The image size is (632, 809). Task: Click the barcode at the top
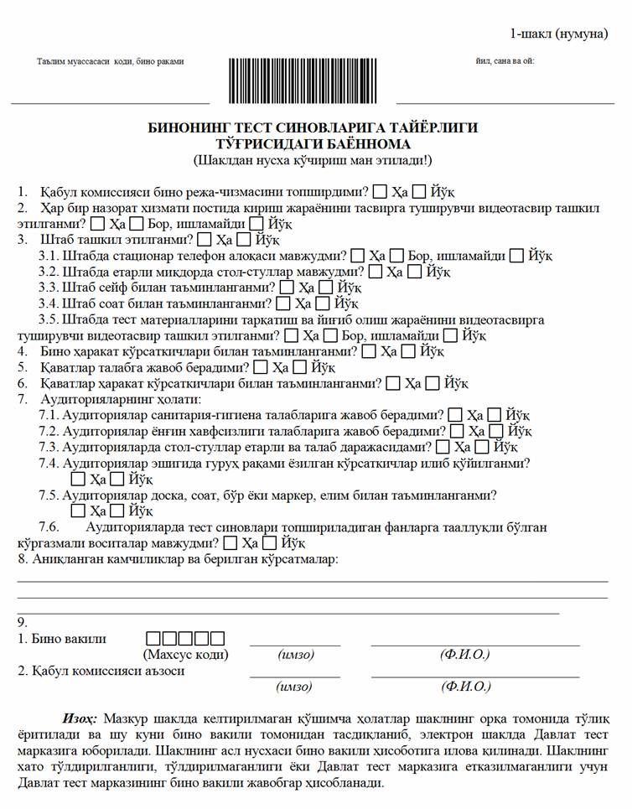[303, 80]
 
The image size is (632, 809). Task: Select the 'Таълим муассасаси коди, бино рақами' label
[110, 61]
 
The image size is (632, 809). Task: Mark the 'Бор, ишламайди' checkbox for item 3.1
[397, 256]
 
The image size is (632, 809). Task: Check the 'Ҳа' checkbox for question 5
[261, 367]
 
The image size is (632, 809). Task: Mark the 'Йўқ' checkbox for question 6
[433, 383]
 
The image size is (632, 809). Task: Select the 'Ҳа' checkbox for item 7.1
[455, 415]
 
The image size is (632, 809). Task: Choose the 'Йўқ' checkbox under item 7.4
[117, 480]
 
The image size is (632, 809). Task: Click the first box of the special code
[153, 638]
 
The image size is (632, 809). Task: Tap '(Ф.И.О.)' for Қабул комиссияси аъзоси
[465, 687]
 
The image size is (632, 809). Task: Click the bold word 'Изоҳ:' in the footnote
[80, 718]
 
